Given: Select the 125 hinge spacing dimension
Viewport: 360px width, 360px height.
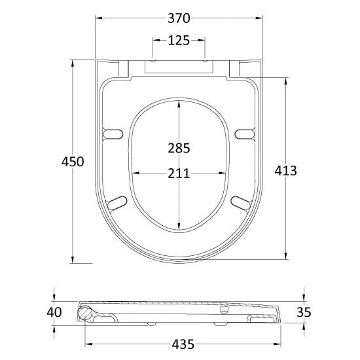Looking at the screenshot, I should click(179, 41).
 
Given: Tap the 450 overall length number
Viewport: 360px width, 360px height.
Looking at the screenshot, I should click(73, 162).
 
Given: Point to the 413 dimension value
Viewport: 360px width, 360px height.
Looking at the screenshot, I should click(285, 171).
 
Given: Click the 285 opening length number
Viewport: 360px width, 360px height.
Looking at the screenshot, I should click(178, 148).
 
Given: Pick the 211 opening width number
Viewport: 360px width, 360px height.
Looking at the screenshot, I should click(178, 173).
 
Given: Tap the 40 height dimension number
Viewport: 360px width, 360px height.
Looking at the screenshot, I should click(55, 312).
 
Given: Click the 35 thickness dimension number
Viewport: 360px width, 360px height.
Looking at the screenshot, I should click(304, 312).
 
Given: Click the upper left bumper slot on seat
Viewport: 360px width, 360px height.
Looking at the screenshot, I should click(113, 134).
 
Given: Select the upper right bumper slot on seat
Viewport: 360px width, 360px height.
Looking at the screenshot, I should click(243, 134).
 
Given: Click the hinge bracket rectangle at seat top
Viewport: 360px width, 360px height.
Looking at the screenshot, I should click(179, 64).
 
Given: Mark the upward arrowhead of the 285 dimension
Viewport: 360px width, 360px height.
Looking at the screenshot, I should click(179, 103).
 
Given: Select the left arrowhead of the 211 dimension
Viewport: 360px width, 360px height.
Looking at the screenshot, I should click(135, 173).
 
